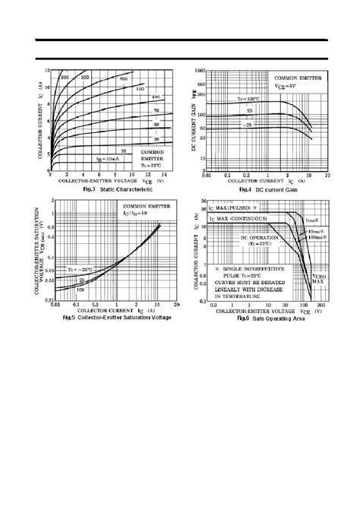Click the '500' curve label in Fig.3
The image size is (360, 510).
pos(65,77)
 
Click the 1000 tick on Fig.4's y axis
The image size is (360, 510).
pos(201,70)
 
